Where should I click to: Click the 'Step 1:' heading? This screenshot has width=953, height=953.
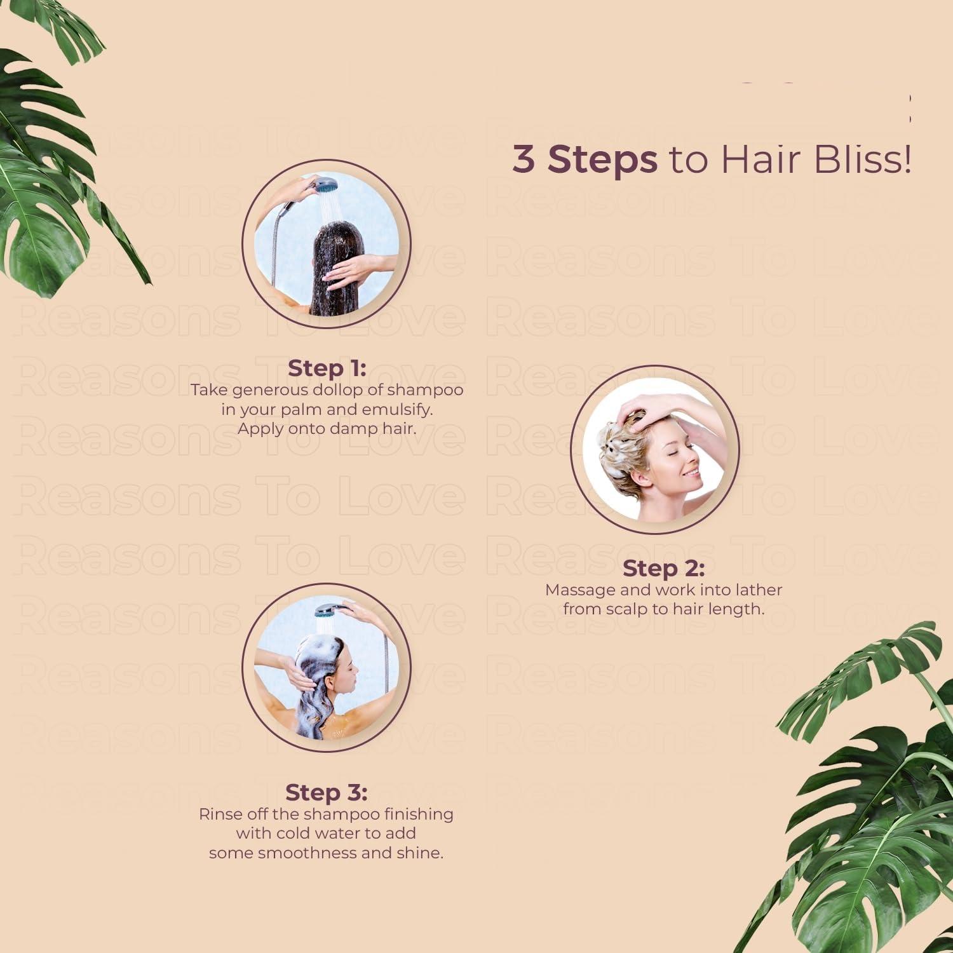pos(327,368)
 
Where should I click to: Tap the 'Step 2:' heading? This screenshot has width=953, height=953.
pos(663,569)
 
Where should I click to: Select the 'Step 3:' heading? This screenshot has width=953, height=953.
pos(327,793)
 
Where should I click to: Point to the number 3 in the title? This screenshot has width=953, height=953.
pos(524,159)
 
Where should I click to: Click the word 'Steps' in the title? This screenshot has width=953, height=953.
pos(602,160)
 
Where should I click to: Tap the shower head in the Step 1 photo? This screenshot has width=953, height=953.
pos(326,185)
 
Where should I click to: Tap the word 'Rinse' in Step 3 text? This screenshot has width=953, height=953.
pos(219,814)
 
